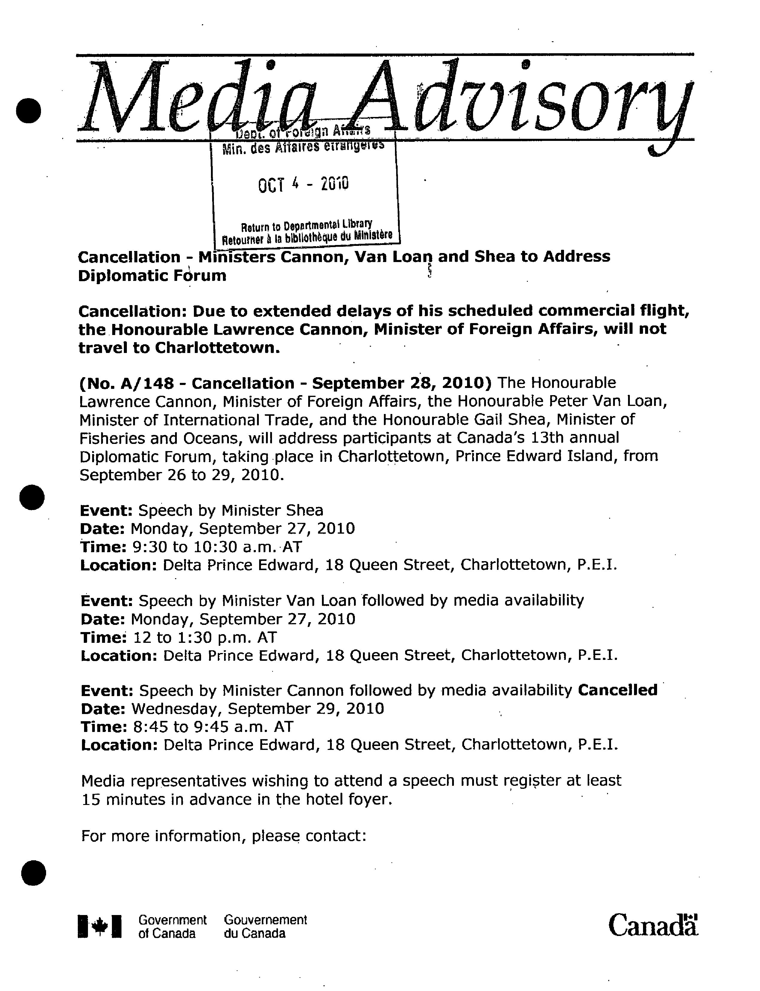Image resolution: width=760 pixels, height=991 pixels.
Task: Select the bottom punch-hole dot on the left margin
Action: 34,873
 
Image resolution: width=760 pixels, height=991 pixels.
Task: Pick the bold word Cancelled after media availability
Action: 618,690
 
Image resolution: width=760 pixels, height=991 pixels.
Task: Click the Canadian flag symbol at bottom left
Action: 100,926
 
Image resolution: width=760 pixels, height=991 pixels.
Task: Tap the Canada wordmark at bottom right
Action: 652,925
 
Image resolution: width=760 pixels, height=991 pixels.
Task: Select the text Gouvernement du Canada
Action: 265,926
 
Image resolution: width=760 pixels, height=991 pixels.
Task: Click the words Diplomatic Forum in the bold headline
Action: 152,275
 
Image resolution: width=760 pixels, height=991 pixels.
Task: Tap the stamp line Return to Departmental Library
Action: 306,225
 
